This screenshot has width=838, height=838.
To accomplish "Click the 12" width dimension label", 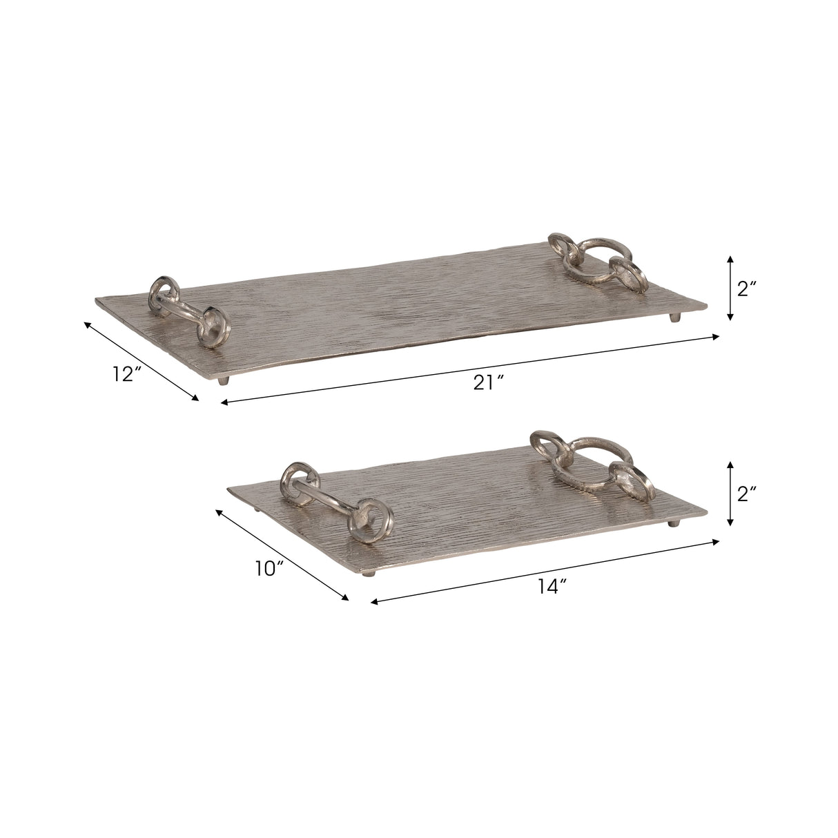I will (x=128, y=373).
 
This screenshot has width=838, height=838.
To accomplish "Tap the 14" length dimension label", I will (x=552, y=586).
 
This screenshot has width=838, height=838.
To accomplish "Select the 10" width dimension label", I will (x=269, y=569).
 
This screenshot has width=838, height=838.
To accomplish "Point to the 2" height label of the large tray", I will (x=748, y=289).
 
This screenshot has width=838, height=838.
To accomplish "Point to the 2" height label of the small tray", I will (x=748, y=493).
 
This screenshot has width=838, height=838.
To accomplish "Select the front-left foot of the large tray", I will (x=222, y=380).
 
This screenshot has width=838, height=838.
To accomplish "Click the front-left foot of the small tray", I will (x=373, y=572).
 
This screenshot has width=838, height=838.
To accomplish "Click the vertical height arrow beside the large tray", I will (x=730, y=288).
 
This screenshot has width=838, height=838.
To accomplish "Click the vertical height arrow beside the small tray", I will (x=730, y=494).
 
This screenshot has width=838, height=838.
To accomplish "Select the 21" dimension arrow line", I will (x=469, y=369).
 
